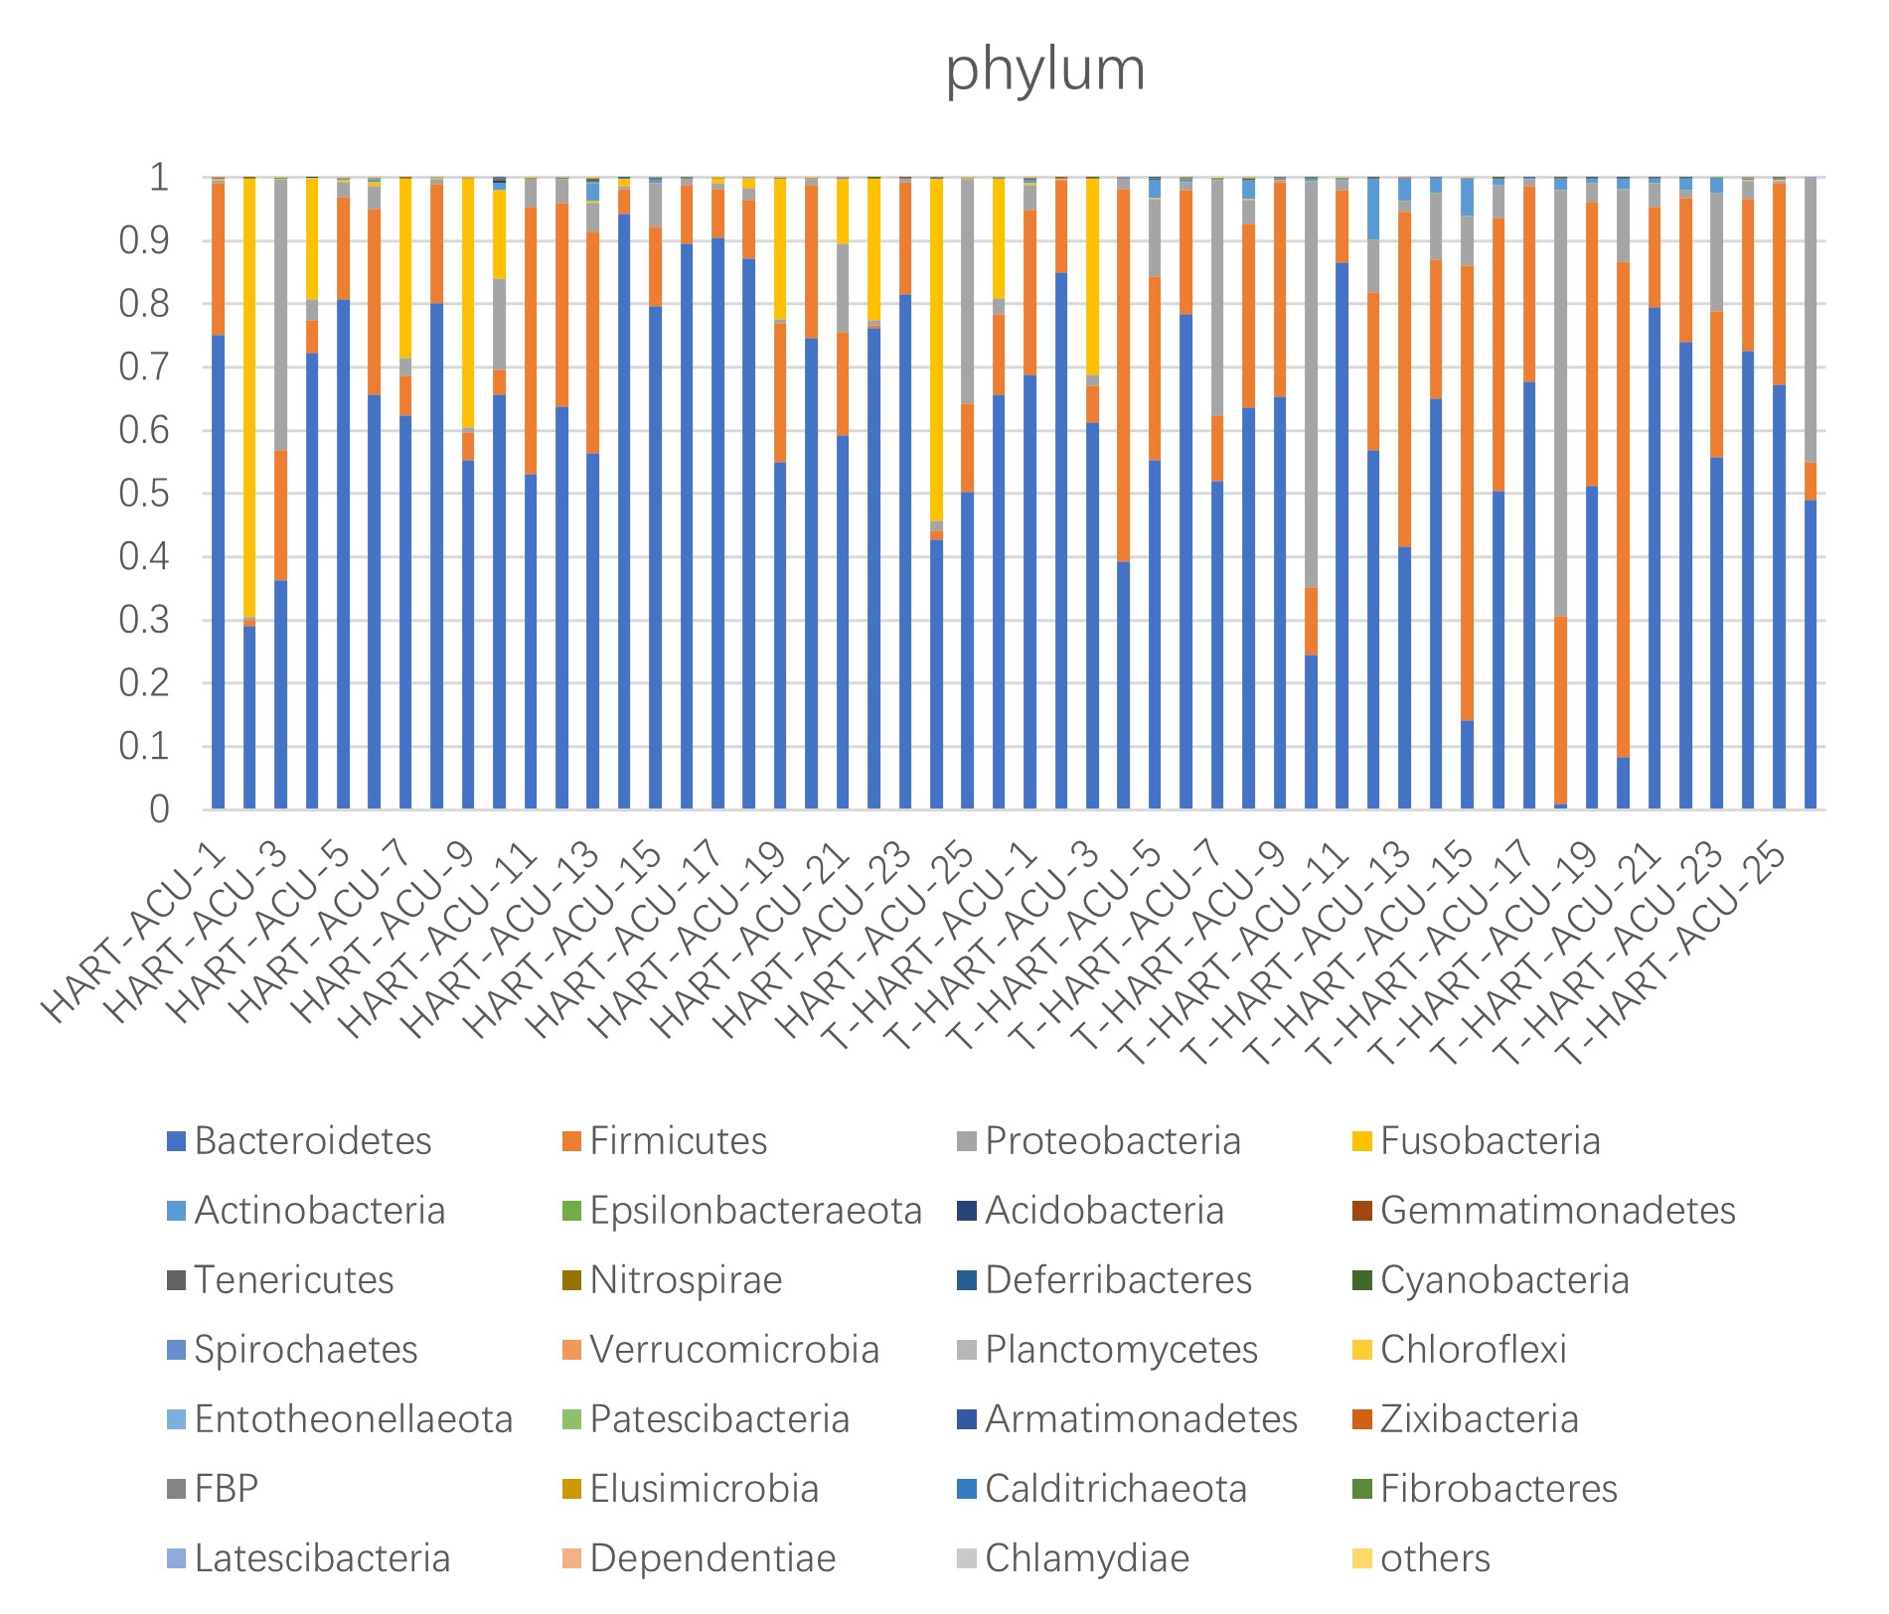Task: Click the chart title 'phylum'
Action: (1044, 71)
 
